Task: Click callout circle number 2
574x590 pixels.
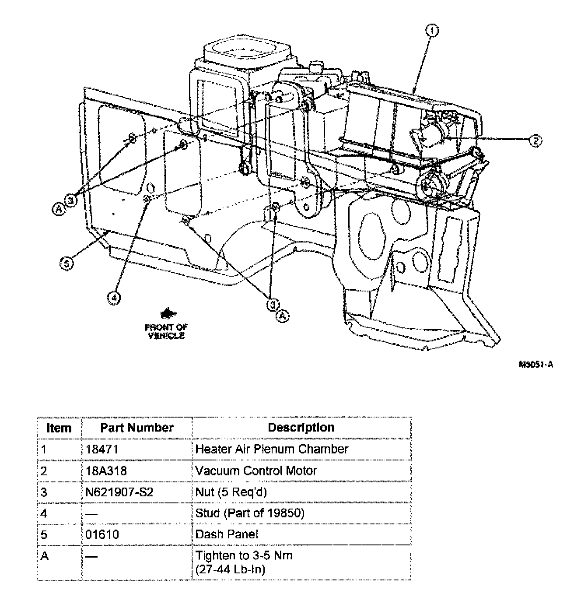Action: (535, 140)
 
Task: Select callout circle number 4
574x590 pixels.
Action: (114, 298)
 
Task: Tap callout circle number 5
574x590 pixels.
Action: (66, 263)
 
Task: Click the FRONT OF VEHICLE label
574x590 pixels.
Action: (166, 331)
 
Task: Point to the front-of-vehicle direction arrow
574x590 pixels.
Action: (167, 313)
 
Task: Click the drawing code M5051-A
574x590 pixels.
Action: (535, 364)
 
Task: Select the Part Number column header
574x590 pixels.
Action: (137, 428)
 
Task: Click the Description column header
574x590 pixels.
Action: (301, 428)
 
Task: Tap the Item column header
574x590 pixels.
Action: (59, 428)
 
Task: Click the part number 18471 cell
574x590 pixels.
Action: (102, 449)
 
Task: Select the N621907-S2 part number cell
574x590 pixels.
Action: (119, 492)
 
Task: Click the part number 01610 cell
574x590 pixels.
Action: (102, 534)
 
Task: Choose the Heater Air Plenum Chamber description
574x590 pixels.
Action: (272, 449)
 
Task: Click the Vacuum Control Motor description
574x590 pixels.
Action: (256, 471)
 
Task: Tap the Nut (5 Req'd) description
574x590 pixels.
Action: (231, 492)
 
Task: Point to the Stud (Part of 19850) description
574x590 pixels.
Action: (249, 513)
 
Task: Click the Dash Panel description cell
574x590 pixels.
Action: (227, 534)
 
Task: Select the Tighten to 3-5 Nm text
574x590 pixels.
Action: (244, 556)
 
